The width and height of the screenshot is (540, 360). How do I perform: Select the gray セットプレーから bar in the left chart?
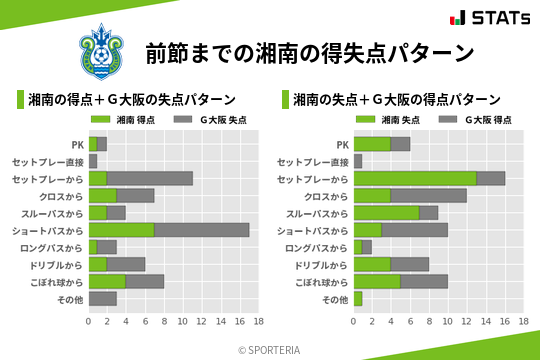150,178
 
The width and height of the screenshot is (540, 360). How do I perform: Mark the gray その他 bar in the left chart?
103,298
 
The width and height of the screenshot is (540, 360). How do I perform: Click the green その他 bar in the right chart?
358,298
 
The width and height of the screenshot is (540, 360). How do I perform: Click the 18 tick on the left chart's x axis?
258,323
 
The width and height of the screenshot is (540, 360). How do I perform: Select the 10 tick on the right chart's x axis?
448,323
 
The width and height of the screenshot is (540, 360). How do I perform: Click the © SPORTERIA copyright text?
270,349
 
